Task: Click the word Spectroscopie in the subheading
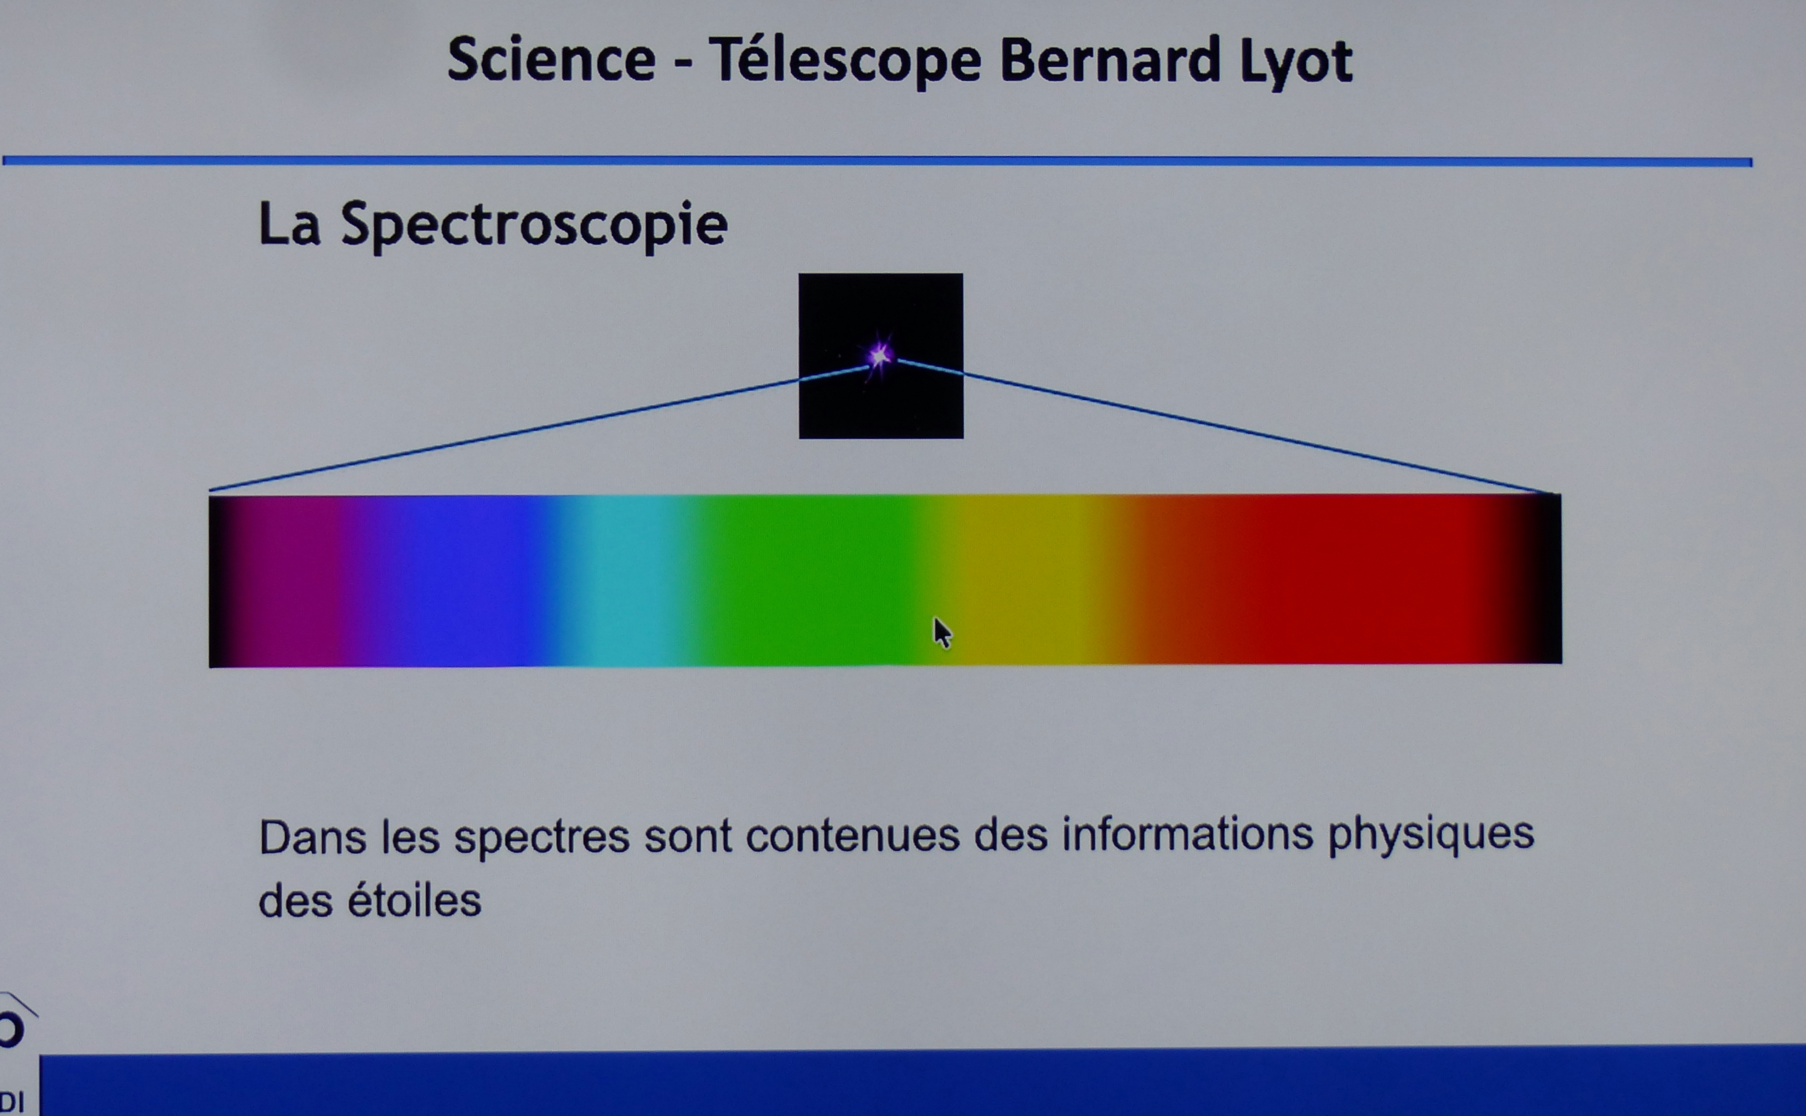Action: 534,225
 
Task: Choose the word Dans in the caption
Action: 312,838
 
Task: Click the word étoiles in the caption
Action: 414,900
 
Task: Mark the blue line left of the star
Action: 539,428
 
